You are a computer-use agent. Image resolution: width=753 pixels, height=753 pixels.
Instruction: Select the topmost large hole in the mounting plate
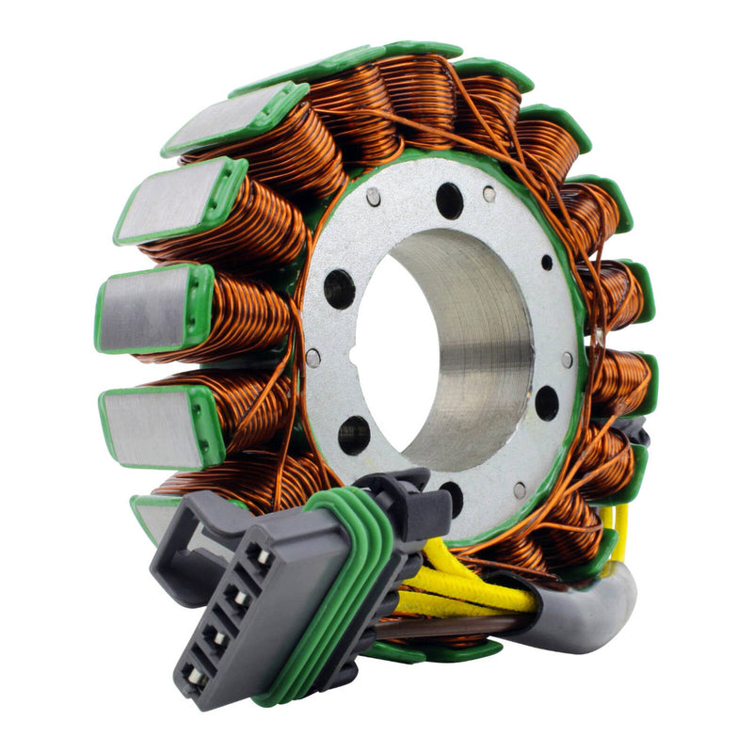coord(449,200)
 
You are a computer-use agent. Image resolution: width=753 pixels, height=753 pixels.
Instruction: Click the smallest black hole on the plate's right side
coord(546,263)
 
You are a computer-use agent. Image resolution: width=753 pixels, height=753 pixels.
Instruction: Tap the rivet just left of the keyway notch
coord(313,358)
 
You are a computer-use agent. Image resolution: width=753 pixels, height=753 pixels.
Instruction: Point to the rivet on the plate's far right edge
coord(567,360)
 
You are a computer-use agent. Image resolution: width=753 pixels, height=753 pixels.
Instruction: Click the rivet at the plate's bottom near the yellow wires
coord(520,489)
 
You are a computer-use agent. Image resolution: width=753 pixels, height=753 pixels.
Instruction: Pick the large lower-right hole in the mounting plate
coord(546,403)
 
